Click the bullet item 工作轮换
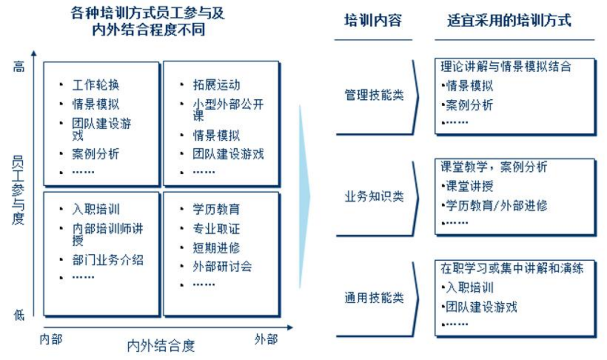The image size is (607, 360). coord(96,85)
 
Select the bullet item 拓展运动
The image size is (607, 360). coord(216,85)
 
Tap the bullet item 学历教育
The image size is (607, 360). coord(216,209)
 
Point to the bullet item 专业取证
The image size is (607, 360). coord(216,229)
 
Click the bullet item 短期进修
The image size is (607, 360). coord(216,248)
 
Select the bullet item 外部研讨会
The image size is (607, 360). coord(222,267)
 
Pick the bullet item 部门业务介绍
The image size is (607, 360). coord(108,260)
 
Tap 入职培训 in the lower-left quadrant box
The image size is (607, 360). coord(96,209)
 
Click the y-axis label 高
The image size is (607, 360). coord(19,67)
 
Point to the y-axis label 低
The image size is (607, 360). coord(19,314)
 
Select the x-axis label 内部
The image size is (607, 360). coord(51,339)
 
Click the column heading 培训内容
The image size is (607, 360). coord(373,20)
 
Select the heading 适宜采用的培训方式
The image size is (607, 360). coord(509,20)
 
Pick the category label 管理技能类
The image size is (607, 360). coord(374,95)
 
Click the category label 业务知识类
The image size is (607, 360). coord(374,197)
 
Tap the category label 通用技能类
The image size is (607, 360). coord(374,298)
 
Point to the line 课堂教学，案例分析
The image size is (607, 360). coord(493,167)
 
